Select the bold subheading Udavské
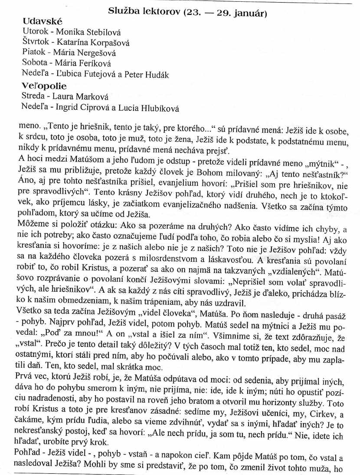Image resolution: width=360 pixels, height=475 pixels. point(43,21)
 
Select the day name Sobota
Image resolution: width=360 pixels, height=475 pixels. point(34,63)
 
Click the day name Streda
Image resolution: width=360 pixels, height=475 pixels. point(33,97)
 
